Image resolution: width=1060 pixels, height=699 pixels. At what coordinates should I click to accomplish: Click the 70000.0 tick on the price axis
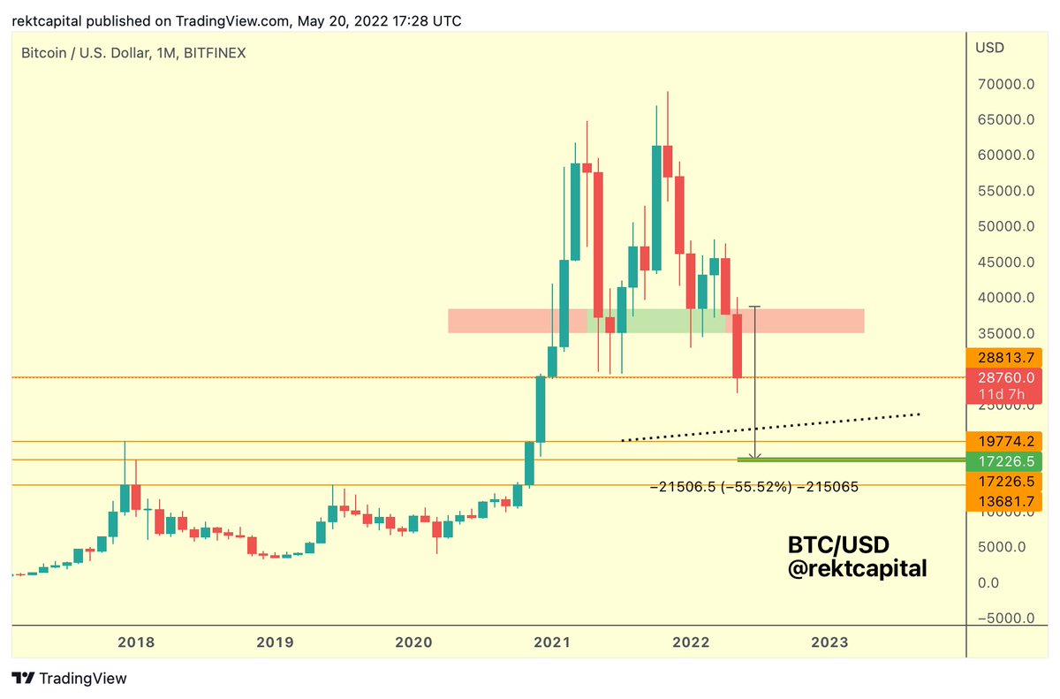click(1006, 85)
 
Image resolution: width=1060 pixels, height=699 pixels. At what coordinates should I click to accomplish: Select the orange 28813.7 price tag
click(1006, 357)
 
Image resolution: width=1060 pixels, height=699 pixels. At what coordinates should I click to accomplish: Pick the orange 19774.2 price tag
click(1006, 441)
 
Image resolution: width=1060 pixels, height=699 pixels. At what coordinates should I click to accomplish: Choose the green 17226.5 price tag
click(1006, 460)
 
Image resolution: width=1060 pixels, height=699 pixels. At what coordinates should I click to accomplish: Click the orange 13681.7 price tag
click(1006, 501)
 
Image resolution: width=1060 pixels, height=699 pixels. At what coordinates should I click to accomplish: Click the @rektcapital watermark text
click(857, 569)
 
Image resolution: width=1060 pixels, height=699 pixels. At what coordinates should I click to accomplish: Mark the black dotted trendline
click(768, 426)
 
